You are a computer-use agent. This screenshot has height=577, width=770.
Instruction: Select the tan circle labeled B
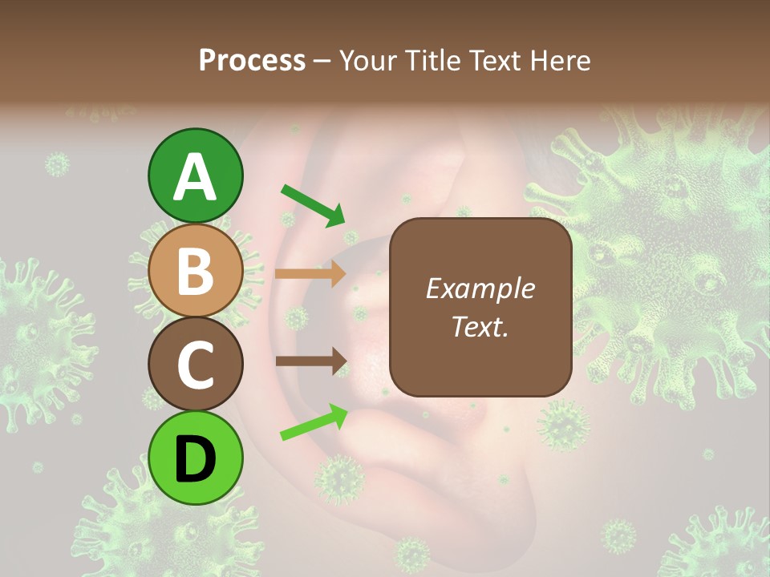pos(196,271)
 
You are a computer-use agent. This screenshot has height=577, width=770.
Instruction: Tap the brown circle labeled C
pos(196,365)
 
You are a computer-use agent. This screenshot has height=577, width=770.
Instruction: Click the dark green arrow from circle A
pos(313,204)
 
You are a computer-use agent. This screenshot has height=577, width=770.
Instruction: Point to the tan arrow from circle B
pos(310,274)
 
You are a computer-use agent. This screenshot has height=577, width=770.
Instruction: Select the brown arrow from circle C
pos(310,361)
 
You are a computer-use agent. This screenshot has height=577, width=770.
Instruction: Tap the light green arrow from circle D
pos(314,422)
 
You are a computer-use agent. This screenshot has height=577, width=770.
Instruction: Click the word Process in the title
pos(252,60)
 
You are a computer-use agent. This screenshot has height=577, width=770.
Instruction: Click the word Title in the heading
pos(433,60)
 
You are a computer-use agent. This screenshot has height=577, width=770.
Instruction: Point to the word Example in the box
pos(480,288)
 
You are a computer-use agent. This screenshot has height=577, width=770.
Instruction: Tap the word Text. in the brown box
pos(480,326)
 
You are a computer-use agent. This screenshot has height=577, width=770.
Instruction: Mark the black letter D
pos(196,459)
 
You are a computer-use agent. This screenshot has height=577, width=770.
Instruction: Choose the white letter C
pos(196,365)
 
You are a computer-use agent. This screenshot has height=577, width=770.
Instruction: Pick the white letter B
pos(196,271)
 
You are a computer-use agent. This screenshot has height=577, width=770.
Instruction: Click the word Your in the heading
pos(370,60)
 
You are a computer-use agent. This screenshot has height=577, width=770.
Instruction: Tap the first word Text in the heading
pos(496,60)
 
